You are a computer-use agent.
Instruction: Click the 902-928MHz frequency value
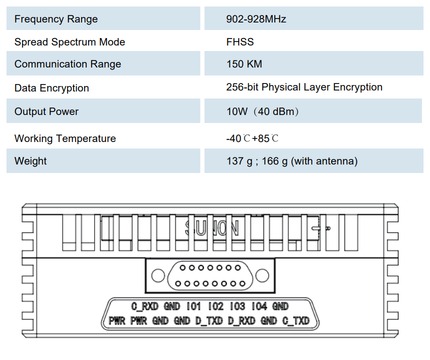[256, 19]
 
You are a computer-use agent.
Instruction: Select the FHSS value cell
[240, 42]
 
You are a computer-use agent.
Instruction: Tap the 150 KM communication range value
[244, 64]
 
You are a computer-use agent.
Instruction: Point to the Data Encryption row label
[52, 88]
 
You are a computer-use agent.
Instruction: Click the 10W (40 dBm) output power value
[262, 111]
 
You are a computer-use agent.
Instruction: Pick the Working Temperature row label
[65, 138]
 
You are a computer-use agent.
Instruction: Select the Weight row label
[31, 161]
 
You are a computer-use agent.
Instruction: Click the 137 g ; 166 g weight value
[292, 161]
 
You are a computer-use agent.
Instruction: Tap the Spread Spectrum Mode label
[70, 42]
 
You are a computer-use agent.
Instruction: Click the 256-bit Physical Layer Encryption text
[304, 87]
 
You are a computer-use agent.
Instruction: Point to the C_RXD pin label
[145, 306]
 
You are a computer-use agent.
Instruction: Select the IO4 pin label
[259, 306]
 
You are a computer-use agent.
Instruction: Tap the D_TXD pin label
[209, 320]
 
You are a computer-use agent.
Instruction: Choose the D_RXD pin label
[242, 320]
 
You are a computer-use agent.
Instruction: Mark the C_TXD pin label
[296, 320]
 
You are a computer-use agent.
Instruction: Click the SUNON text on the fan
[212, 228]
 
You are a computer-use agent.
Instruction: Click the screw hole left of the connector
[158, 275]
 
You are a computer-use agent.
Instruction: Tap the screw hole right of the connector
[262, 275]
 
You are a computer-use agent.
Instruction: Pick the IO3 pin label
[237, 306]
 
